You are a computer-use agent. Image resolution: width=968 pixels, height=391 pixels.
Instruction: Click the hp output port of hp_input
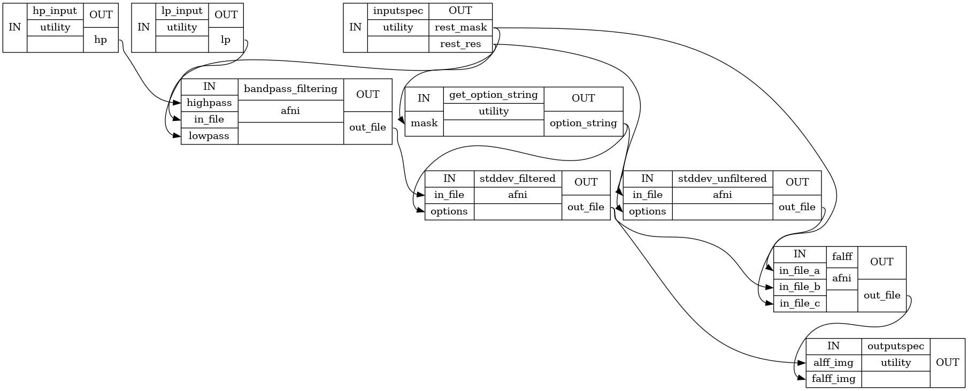(x=101, y=40)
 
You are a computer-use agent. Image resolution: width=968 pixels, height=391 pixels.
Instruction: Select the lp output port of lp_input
(x=226, y=40)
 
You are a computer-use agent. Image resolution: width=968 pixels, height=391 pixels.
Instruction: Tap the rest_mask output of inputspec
(x=460, y=27)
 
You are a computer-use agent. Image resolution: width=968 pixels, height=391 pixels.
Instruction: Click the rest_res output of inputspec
(x=460, y=44)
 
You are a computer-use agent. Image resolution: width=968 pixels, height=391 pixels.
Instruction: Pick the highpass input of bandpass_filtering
(x=209, y=103)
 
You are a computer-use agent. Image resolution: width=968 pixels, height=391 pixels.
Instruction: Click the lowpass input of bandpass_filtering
(x=209, y=136)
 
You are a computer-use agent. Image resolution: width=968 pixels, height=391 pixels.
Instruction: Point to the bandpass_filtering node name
(x=290, y=89)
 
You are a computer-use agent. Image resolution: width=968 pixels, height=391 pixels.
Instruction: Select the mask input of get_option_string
(x=424, y=123)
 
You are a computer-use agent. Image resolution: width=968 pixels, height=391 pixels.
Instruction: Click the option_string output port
(x=583, y=123)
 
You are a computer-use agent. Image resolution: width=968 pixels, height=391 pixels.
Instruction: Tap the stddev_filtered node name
(x=517, y=179)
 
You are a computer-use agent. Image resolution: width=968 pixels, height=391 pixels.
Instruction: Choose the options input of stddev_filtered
(x=449, y=211)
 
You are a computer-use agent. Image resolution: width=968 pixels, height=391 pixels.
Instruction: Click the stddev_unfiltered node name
(x=722, y=179)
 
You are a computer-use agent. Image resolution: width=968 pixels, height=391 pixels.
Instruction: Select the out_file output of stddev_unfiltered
(x=797, y=207)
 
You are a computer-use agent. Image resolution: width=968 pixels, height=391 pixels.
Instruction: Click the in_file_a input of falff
(x=800, y=271)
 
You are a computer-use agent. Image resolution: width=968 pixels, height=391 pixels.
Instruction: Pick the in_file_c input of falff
(x=800, y=304)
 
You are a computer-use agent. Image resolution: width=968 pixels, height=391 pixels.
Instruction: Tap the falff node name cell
(x=842, y=257)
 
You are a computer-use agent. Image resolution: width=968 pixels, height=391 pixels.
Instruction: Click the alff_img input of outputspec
(x=833, y=363)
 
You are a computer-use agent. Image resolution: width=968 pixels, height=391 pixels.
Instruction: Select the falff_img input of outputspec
(x=833, y=379)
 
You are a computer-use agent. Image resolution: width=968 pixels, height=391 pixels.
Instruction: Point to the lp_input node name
(x=182, y=11)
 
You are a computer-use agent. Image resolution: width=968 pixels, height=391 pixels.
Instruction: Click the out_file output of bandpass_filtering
(x=367, y=127)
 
